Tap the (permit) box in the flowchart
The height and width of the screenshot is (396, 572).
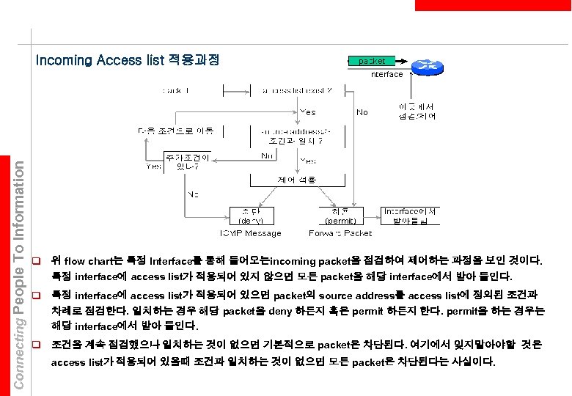click(x=340, y=216)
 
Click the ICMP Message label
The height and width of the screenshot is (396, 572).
click(x=249, y=233)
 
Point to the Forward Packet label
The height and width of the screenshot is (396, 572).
click(x=340, y=233)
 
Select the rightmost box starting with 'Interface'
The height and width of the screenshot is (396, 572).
click(x=411, y=215)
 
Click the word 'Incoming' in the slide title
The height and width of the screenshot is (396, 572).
click(x=64, y=60)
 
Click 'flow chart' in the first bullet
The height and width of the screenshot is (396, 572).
click(x=87, y=261)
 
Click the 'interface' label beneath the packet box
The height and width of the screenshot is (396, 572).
click(x=386, y=74)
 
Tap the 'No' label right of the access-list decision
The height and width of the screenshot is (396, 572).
click(x=362, y=112)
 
